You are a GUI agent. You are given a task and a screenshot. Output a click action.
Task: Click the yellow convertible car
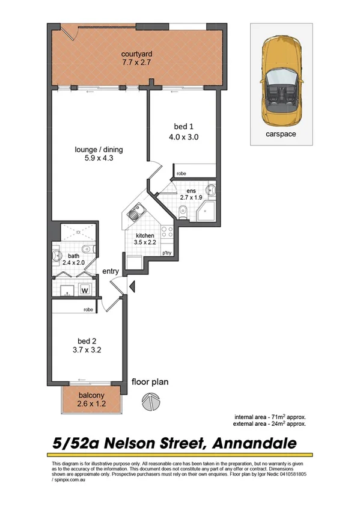tap(281, 78)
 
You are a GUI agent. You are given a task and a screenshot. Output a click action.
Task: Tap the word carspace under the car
tap(281, 134)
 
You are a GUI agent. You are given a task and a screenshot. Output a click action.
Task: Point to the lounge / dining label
tap(99, 149)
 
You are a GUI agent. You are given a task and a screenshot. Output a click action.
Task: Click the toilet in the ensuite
tap(183, 209)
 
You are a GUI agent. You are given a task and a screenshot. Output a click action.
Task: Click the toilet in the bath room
tap(58, 254)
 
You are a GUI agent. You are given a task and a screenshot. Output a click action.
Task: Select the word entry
tap(110, 272)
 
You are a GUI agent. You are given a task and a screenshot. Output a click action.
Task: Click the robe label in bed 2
tap(88, 309)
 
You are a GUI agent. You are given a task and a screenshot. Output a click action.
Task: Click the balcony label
tap(91, 395)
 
